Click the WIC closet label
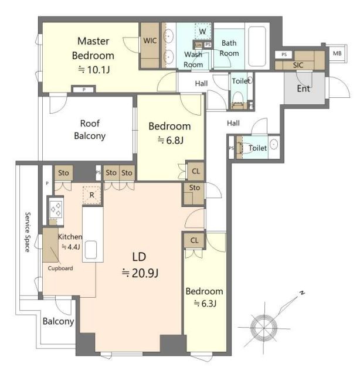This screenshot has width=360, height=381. (x=150, y=40)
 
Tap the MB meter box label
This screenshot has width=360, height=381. (x=337, y=53)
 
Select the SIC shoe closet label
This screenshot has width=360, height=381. (x=298, y=65)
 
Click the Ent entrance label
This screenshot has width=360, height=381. (x=304, y=89)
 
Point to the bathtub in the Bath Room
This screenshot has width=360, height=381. (x=257, y=46)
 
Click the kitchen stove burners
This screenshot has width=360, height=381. (x=56, y=209)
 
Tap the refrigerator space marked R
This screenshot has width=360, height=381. (x=92, y=195)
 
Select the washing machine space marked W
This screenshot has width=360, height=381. (x=202, y=31)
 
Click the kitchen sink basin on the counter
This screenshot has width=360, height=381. (x=91, y=250)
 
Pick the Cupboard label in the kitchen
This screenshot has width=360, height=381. (x=60, y=268)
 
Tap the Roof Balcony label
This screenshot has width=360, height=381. (x=90, y=130)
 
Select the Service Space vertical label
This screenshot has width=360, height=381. (x=28, y=232)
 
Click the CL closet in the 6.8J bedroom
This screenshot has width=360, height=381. (x=196, y=171)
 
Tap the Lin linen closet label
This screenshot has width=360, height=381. (x=198, y=45)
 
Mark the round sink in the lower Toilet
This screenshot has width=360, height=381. (x=274, y=144)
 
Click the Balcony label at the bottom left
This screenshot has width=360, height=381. (x=59, y=321)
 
